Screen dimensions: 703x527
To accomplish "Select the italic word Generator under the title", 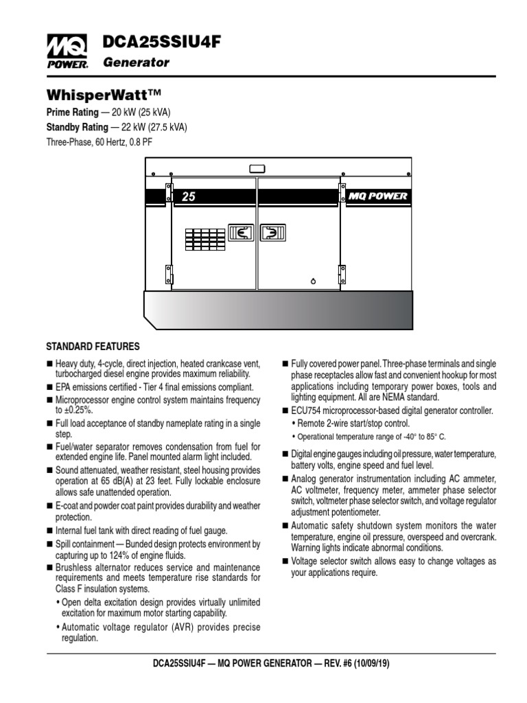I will (x=136, y=63).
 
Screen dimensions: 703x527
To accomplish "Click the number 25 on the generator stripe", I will (x=189, y=197).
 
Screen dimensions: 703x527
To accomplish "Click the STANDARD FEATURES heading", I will (x=93, y=346).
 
